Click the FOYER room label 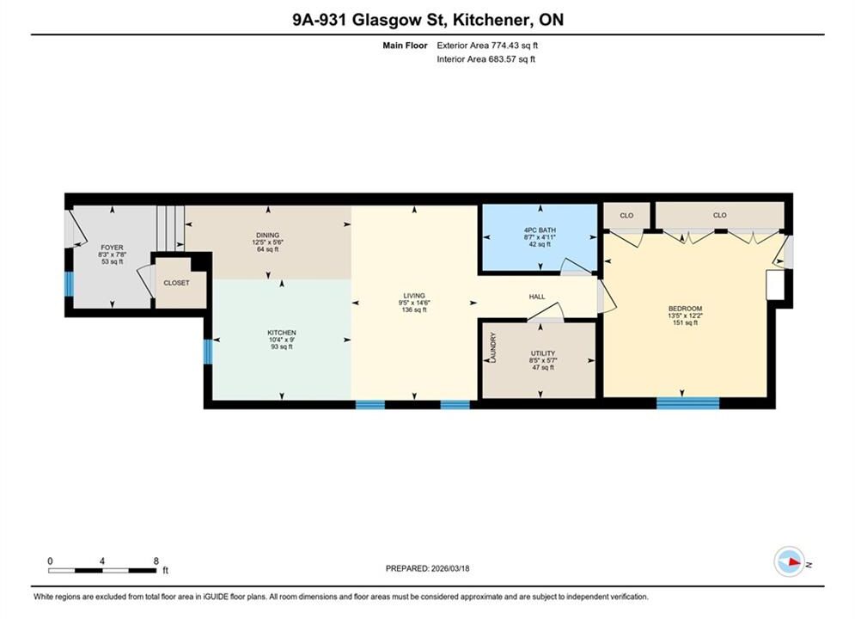tap(112, 248)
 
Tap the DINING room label tap(268, 235)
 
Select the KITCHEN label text tap(281, 333)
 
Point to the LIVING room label tap(414, 296)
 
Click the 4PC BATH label tap(540, 230)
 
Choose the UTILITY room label tap(542, 353)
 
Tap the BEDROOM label tap(686, 308)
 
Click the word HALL tap(537, 297)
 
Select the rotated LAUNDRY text tap(493, 346)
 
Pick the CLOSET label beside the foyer tap(177, 283)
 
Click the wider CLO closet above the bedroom tap(720, 216)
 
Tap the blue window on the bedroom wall tap(687, 403)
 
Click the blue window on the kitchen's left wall tap(208, 352)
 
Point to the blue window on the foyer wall tap(69, 285)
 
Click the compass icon tap(789, 561)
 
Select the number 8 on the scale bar tap(156, 561)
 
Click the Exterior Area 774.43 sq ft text tap(487, 46)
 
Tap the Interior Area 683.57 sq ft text tap(486, 59)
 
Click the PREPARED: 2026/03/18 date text tap(428, 568)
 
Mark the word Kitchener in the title tap(493, 20)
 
